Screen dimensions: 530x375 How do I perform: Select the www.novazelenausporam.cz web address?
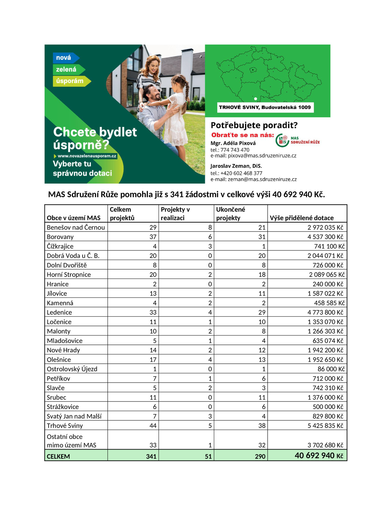coord(87,156)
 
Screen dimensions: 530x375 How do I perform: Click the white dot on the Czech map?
coord(255,99)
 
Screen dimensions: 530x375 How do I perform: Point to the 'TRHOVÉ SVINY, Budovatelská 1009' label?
coord(265,107)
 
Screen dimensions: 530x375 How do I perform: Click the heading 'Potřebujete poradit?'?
coord(254,125)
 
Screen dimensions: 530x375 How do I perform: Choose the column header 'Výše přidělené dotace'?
coord(301,218)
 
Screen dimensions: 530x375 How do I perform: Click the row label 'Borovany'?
coord(60,237)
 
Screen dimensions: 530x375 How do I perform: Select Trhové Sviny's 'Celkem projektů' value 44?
coord(153,426)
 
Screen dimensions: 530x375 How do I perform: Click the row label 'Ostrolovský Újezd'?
coord(72,369)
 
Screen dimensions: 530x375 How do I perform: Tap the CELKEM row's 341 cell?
coord(151,456)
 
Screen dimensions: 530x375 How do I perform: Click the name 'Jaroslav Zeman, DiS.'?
coord(236,166)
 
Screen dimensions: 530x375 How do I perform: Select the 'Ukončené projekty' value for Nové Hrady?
coord(262,350)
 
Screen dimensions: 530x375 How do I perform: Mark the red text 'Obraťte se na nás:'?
coord(242,135)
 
